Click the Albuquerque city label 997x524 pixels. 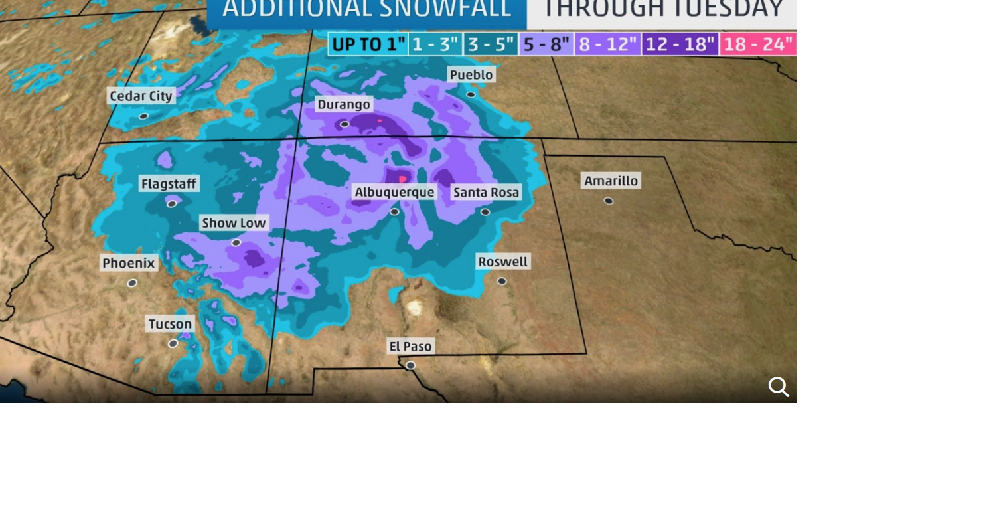(x=394, y=193)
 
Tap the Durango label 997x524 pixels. (x=343, y=104)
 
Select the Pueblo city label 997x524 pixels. (x=471, y=75)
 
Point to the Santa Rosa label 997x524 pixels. (x=487, y=193)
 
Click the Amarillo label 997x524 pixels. (x=611, y=181)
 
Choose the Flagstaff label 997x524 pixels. (x=169, y=184)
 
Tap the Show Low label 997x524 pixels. (x=234, y=223)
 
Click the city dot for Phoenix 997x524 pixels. (x=132, y=283)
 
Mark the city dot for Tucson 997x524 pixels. (x=173, y=343)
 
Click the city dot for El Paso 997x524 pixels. (x=410, y=365)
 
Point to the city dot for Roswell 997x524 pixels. (x=502, y=281)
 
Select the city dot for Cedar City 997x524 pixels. (x=143, y=116)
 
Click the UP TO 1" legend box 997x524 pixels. (x=368, y=44)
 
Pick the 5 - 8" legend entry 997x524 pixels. (x=546, y=44)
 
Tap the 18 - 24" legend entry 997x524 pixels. (x=757, y=44)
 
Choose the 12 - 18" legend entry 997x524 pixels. (x=680, y=44)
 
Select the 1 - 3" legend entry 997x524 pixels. (x=435, y=44)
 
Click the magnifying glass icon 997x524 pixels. (x=779, y=387)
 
